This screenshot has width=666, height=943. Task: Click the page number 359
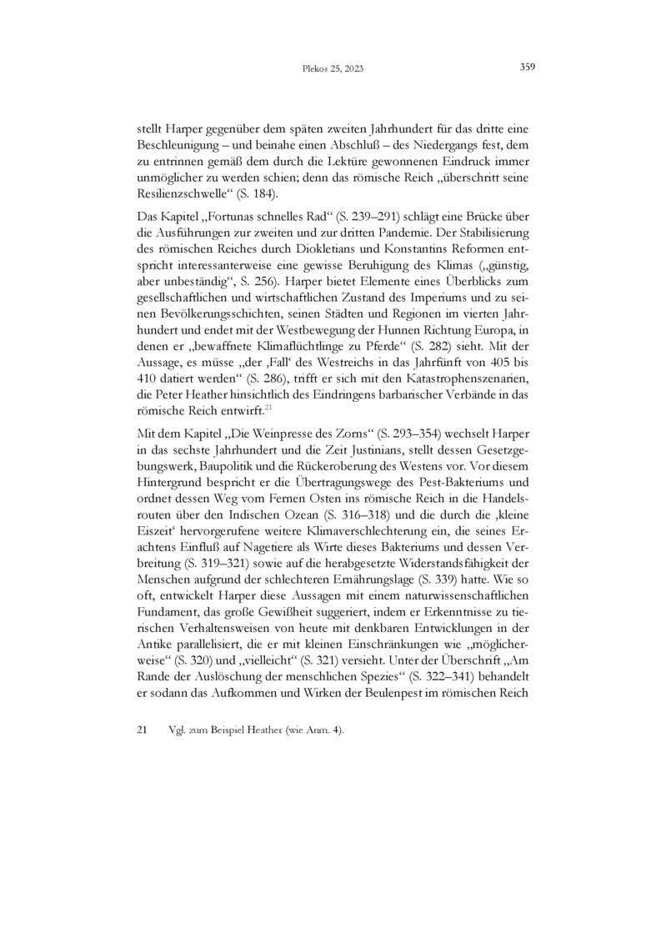click(526, 68)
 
